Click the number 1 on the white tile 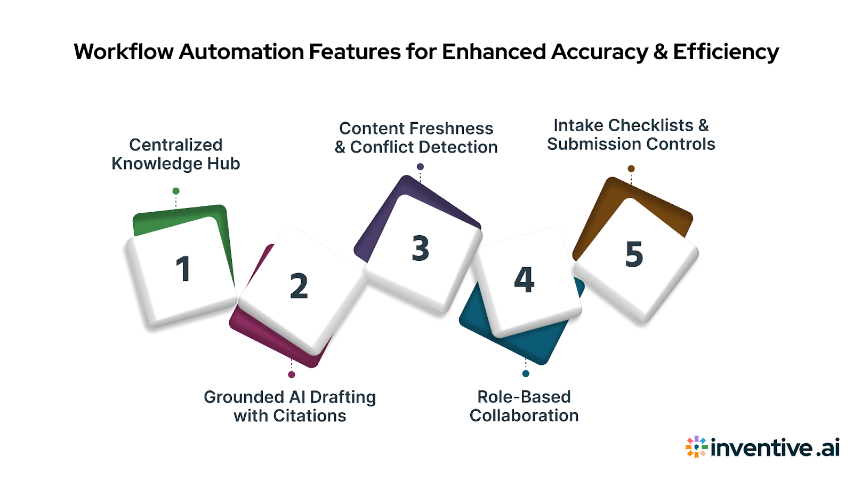183,269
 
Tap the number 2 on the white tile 299,286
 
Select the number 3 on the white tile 421,248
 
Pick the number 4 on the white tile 524,279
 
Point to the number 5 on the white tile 634,254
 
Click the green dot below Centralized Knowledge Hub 176,191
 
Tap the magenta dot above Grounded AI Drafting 292,374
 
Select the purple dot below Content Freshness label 420,167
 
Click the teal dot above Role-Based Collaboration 526,373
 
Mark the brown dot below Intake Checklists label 631,169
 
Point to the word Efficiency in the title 726,52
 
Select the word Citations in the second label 309,415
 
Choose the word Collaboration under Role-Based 524,415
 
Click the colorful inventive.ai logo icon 696,447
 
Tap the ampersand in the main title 660,52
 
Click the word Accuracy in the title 599,52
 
